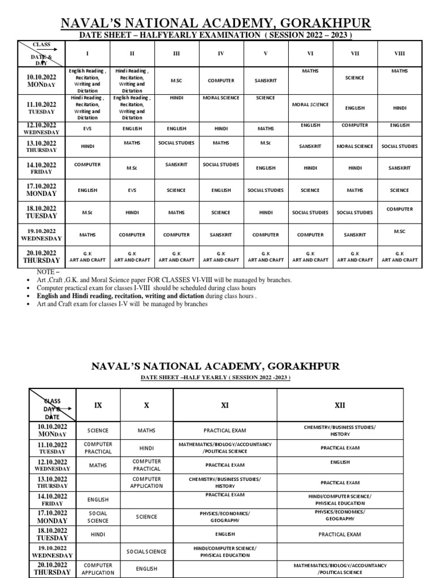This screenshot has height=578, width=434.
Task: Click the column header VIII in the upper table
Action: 400,54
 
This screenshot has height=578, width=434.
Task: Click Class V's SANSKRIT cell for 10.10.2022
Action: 266,81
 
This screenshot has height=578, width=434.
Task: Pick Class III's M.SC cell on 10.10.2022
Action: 176,81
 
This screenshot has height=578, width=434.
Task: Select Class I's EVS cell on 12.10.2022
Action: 87,129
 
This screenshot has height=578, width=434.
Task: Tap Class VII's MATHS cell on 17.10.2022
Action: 355,191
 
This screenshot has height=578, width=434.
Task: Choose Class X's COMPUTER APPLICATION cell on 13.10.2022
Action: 146,482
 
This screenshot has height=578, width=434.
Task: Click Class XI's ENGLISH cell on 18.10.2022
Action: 225,534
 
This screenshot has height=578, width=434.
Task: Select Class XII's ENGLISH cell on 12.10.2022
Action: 340,462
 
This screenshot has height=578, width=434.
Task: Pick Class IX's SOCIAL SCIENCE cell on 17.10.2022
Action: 98,517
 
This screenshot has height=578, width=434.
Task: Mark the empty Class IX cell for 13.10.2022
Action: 98,482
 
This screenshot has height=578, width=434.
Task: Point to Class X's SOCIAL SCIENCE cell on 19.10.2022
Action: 146,551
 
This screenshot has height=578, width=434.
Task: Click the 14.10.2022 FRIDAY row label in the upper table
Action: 41,168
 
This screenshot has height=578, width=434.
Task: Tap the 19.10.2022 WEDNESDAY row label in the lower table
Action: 52,551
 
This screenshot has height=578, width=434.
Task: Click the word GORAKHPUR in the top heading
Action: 320,23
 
